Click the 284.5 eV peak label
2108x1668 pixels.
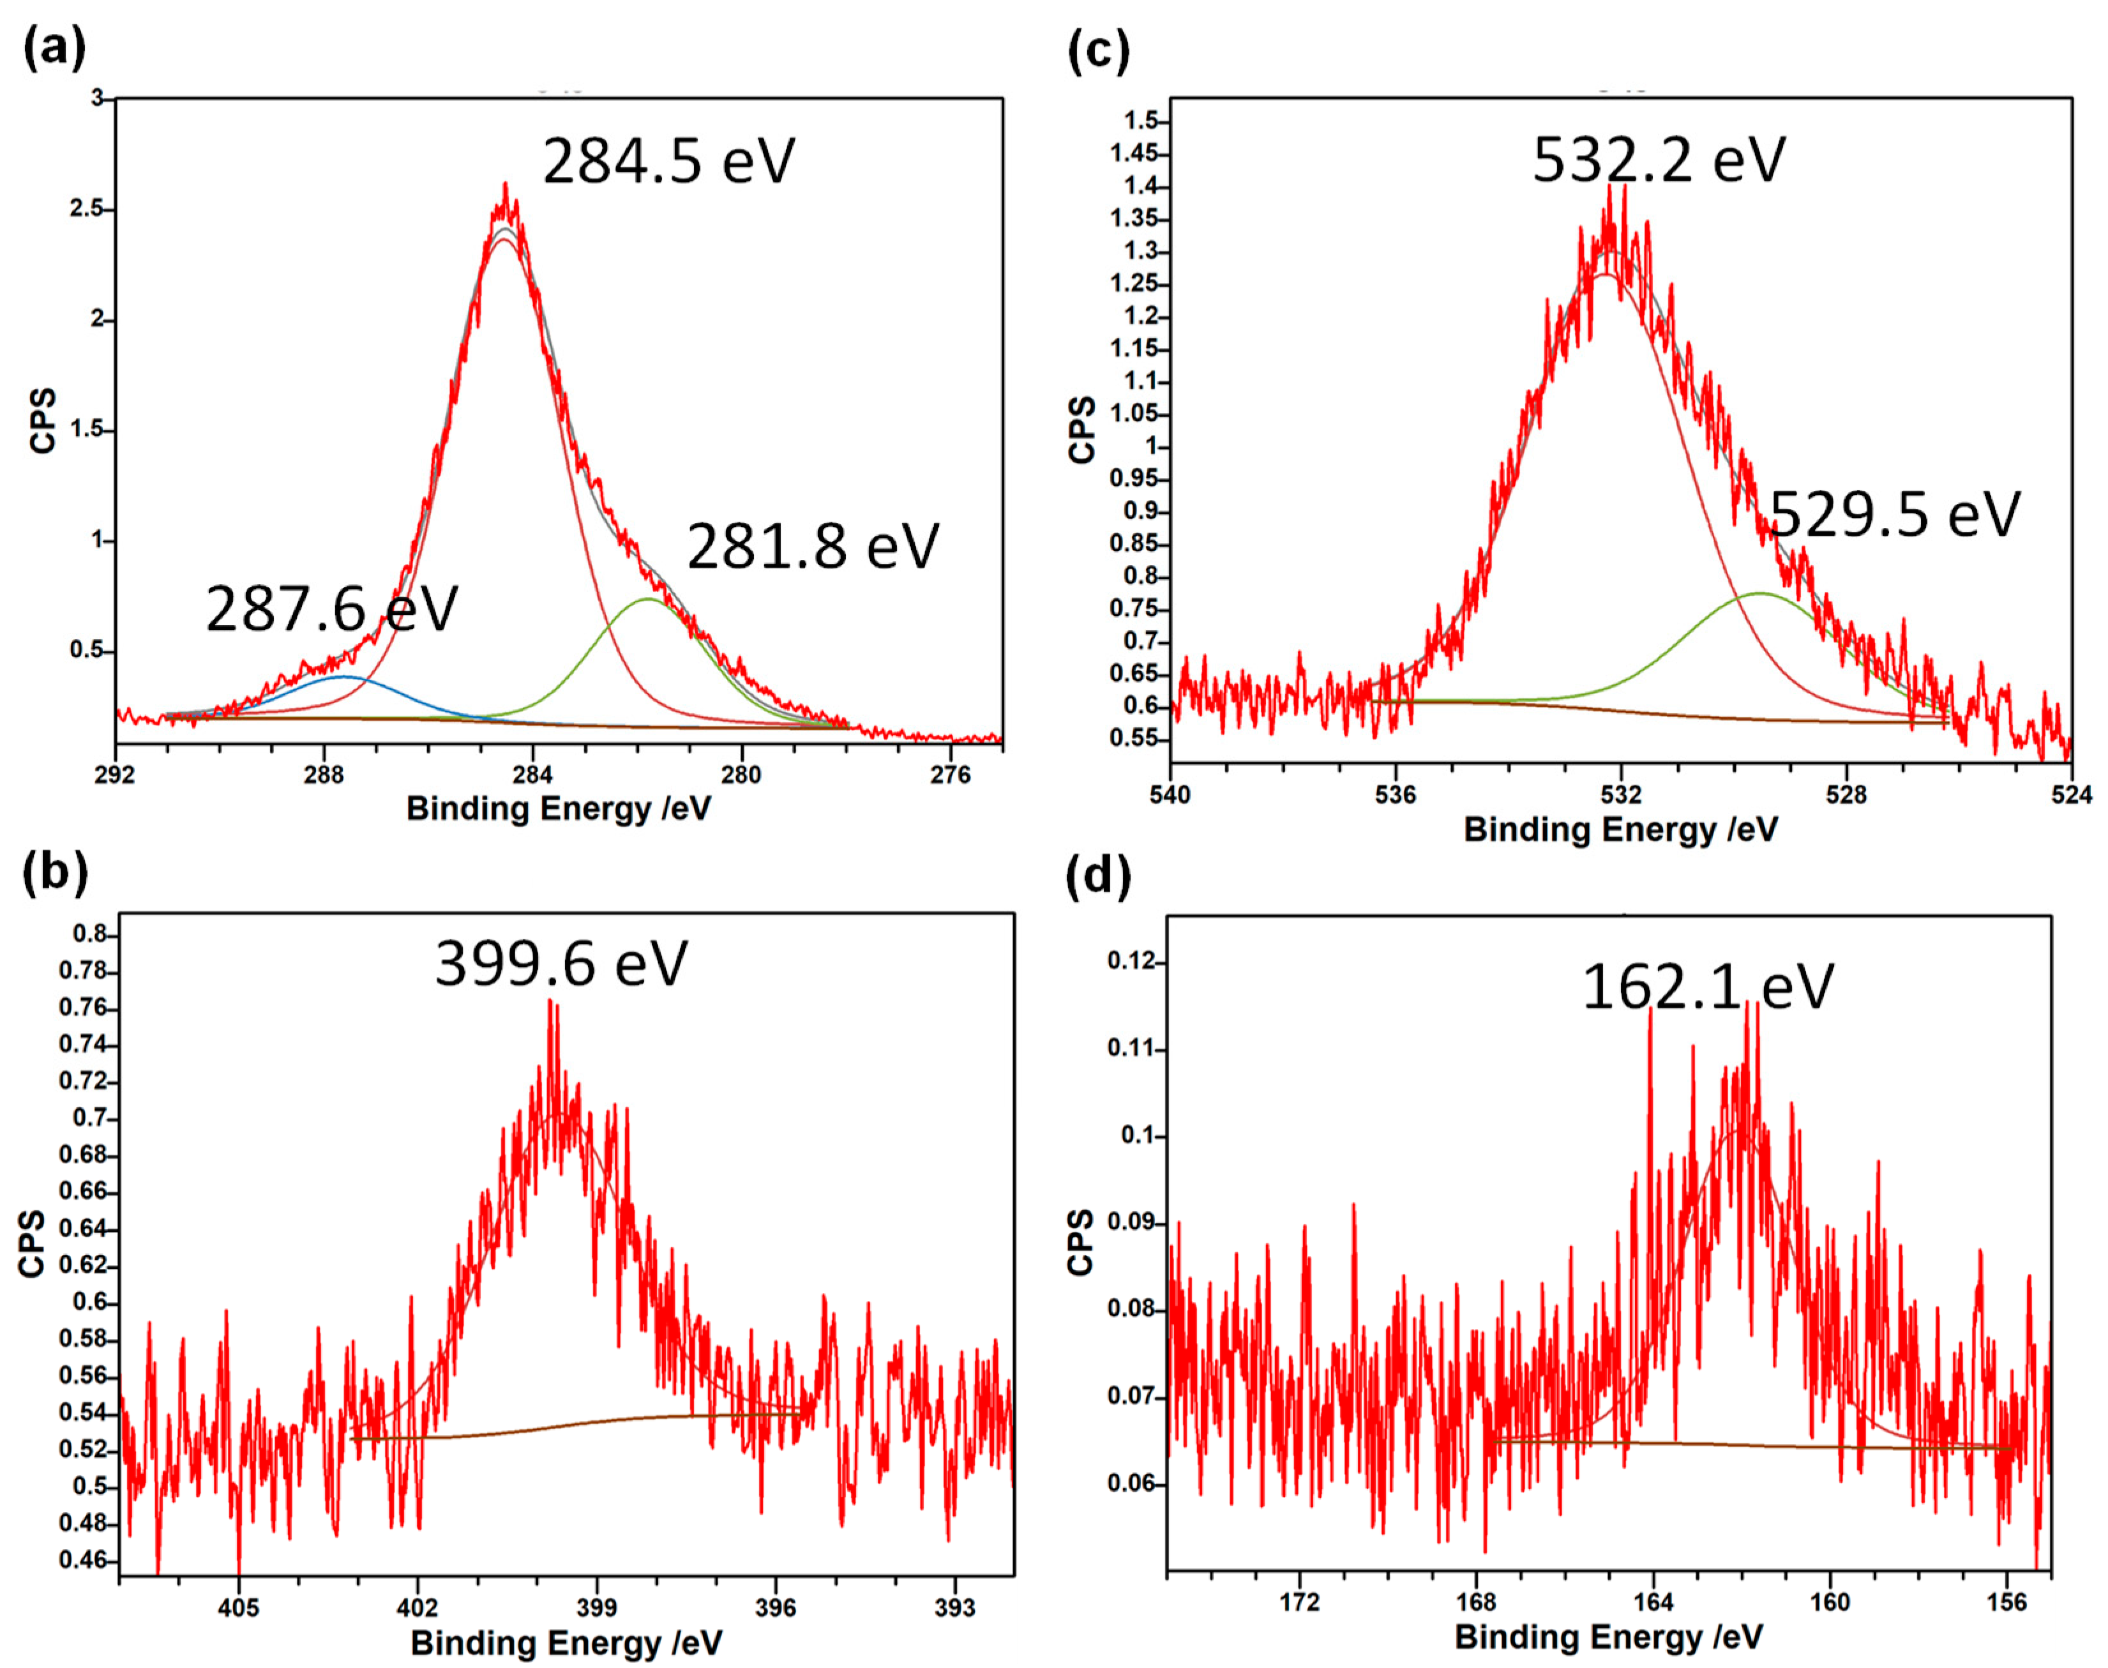pyautogui.click(x=669, y=160)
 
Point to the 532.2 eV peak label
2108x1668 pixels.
pyautogui.click(x=1658, y=158)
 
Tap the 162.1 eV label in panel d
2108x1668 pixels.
pyautogui.click(x=1706, y=987)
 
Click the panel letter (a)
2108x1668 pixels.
pyautogui.click(x=54, y=47)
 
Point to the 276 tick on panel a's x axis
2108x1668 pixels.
pyautogui.click(x=950, y=775)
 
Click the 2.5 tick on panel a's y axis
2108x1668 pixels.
pyautogui.click(x=86, y=209)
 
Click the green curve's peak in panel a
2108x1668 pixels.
pyautogui.click(x=647, y=598)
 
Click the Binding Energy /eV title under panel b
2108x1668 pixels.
pyautogui.click(x=566, y=1642)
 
